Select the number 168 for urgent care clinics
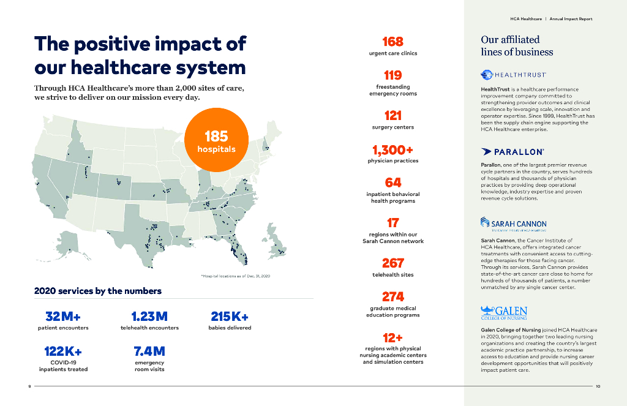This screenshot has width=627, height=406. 392,42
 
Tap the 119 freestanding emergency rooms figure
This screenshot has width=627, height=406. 392,75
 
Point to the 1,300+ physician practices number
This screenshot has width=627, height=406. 392,149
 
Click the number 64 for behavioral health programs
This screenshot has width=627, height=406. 392,182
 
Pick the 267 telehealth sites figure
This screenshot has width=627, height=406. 392,263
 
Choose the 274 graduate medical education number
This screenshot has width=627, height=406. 392,296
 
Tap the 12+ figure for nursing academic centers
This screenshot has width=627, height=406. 392,337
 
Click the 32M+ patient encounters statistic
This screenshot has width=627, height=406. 63,317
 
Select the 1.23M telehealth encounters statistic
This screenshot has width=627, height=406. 149,317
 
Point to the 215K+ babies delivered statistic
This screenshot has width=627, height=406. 230,317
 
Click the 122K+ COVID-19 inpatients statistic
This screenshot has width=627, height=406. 63,351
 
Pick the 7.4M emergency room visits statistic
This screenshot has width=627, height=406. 149,351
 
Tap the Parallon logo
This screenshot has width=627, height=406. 512,151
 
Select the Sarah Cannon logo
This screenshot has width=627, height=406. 513,224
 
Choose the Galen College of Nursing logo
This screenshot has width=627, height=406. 504,313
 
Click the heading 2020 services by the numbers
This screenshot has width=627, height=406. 97,291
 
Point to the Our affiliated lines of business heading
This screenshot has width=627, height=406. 517,46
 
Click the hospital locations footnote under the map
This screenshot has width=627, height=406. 236,277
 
